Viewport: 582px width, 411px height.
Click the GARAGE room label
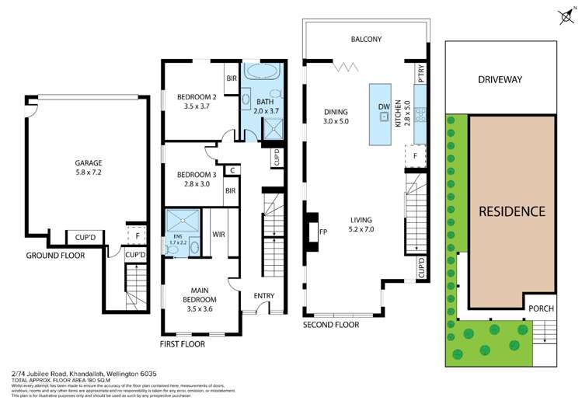88,162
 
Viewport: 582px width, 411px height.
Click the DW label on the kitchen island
383,106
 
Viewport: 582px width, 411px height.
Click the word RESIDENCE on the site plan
511,211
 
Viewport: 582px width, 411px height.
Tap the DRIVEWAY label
500,79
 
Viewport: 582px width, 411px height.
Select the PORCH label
542,308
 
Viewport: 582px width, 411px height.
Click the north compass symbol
564,14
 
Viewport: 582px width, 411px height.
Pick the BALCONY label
365,40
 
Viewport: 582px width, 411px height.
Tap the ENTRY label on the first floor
264,295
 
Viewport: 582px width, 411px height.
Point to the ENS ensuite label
179,237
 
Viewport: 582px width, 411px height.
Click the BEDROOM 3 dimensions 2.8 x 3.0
193,184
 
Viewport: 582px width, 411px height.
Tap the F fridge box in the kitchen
416,156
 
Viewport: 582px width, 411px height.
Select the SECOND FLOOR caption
331,325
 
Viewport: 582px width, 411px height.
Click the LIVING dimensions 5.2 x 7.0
361,229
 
